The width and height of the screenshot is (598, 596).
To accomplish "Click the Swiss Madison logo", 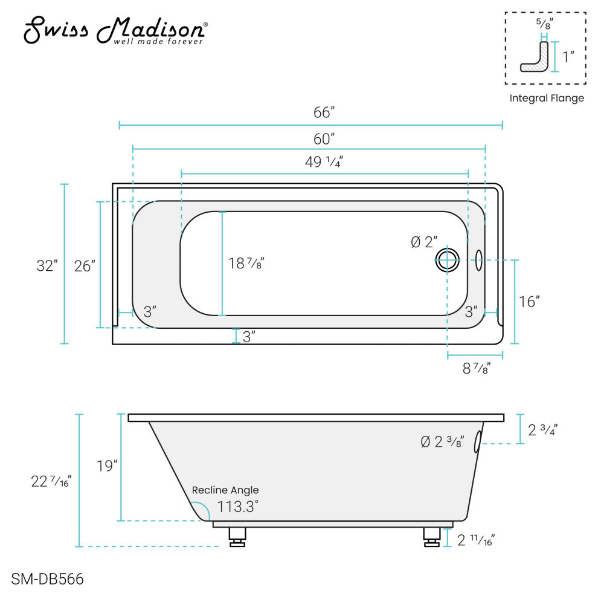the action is click(x=115, y=30).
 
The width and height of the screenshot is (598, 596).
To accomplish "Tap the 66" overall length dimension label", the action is click(x=324, y=112).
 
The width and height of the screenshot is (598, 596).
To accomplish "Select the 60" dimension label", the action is click(x=324, y=139).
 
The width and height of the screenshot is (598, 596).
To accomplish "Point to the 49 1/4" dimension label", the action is click(x=324, y=162).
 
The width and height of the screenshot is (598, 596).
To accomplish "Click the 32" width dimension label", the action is click(x=47, y=266).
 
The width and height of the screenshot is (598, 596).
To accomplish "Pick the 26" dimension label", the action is click(x=85, y=267).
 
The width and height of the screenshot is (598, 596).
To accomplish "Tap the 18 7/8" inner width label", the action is click(x=246, y=264).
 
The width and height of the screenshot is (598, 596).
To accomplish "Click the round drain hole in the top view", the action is click(x=448, y=261).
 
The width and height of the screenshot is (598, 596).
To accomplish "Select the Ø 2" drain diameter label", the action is click(x=423, y=242).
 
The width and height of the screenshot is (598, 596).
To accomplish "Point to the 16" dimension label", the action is click(x=529, y=302).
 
